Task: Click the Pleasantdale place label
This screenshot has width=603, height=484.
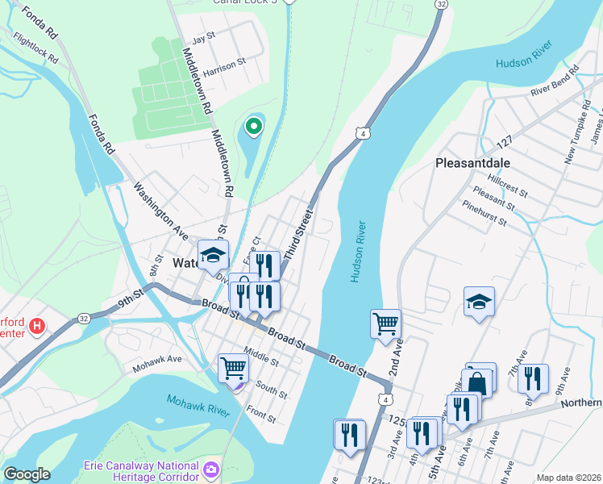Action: click(480, 162)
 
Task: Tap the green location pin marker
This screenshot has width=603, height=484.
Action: click(254, 126)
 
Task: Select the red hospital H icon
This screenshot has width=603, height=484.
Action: click(36, 327)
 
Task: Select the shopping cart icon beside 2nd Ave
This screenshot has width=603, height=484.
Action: click(386, 323)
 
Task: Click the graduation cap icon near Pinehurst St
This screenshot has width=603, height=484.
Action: click(479, 302)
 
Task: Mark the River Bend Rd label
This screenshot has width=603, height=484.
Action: click(556, 87)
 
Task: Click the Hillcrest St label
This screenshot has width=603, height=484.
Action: click(500, 187)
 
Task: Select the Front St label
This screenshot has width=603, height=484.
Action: click(262, 415)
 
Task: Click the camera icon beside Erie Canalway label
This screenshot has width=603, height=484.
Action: click(211, 469)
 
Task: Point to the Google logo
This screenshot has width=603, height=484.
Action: click(27, 474)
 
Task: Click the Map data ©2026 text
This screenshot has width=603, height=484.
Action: click(568, 478)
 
